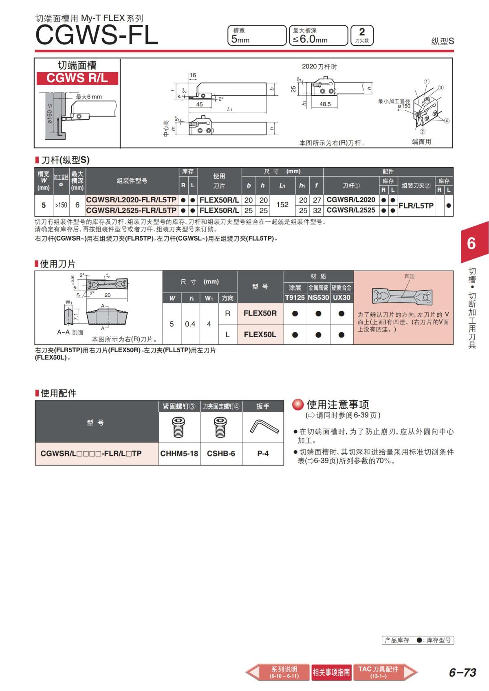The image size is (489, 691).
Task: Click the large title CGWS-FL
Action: coord(97,35)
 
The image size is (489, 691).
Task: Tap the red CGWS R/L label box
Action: coord(77,78)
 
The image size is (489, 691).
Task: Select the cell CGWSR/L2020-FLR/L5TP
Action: coord(131,200)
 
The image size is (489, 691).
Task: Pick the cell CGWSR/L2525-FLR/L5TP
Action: coord(131,211)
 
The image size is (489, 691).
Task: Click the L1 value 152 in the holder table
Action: coord(282,205)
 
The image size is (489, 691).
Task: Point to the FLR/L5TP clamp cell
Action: coord(416,205)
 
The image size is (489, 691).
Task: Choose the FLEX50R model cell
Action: coord(260,314)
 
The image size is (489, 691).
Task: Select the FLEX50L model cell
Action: coord(260,334)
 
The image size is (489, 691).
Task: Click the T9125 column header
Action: coord(295,298)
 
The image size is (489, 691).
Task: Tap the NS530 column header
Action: coord(318,298)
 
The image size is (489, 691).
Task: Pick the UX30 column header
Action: coord(341,298)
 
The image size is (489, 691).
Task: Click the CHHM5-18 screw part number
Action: coord(179,454)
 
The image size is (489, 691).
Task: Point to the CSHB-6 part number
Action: coord(221,454)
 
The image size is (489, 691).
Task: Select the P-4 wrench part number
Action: coord(263,454)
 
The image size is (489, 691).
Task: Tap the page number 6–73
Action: coord(463,672)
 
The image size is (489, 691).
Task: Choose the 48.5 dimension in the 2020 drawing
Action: coord(325,104)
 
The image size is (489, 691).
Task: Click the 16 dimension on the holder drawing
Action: coord(193,75)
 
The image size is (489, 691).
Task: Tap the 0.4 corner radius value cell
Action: coord(190,324)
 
